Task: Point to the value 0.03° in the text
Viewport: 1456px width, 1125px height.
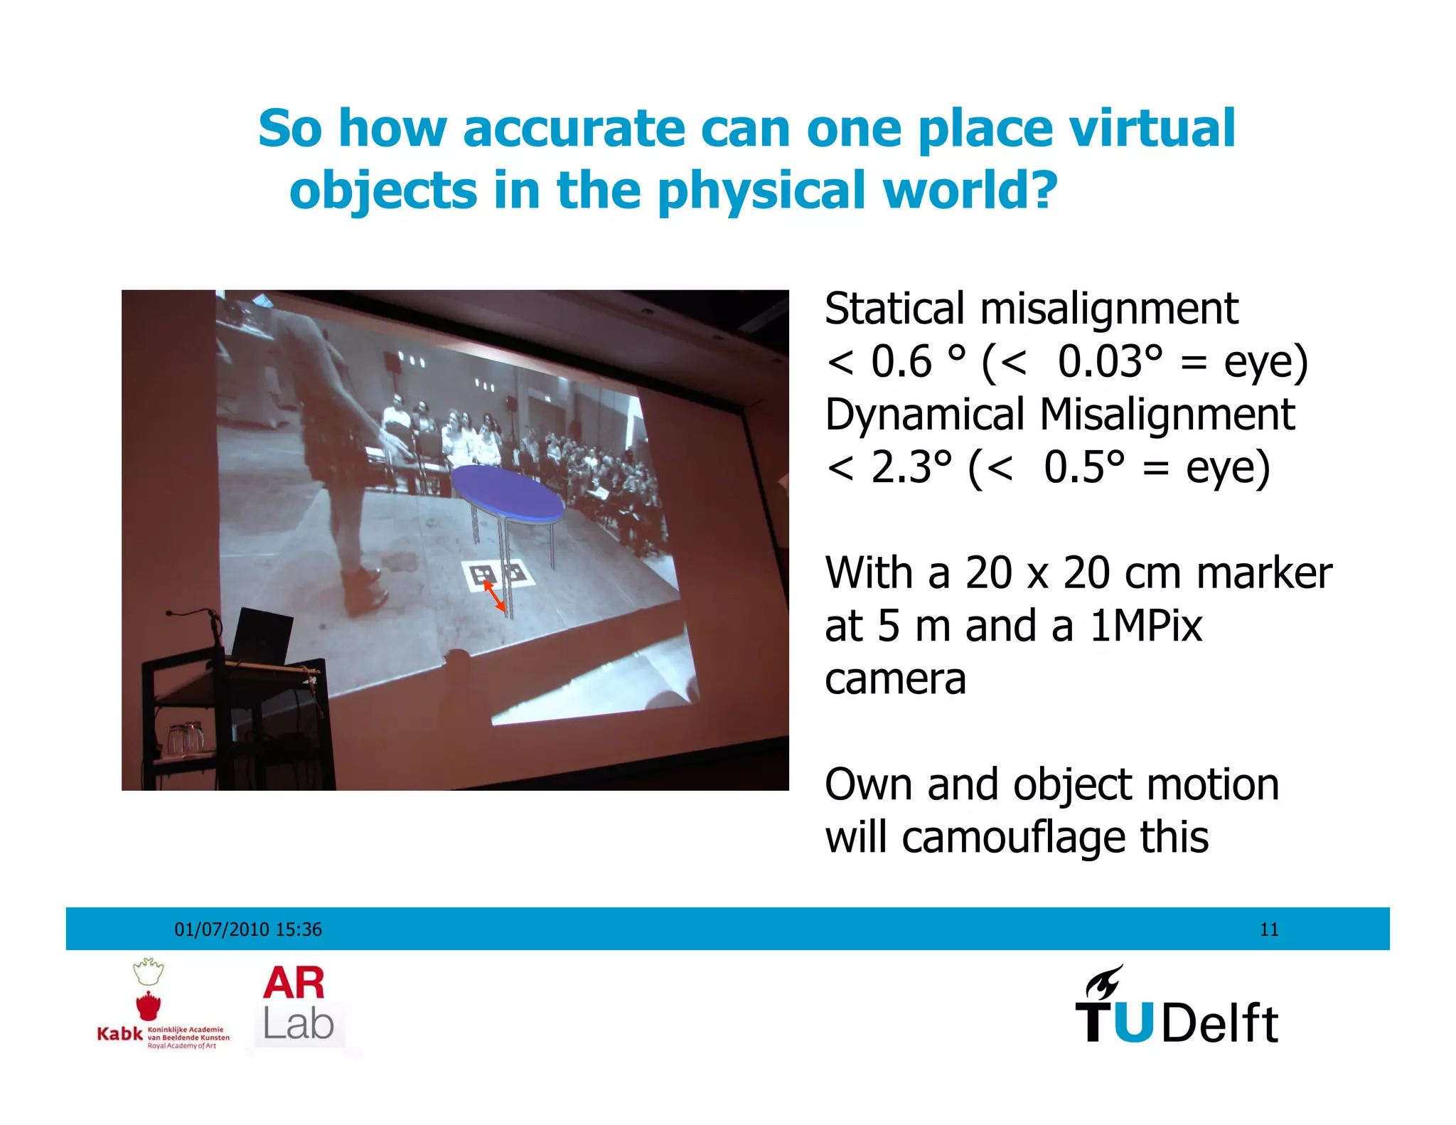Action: (1110, 362)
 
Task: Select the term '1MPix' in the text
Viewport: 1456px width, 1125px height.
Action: (1145, 627)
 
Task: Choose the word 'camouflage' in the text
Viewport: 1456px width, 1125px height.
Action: (1014, 838)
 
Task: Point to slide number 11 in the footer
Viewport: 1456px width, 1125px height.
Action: (1269, 929)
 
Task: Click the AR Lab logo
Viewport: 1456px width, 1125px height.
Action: (297, 1004)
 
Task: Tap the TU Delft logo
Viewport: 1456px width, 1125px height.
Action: (1177, 1006)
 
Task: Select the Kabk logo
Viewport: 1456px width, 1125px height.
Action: (162, 1006)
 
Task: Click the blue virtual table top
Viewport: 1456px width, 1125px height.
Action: (508, 491)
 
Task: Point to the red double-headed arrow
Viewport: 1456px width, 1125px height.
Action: (495, 596)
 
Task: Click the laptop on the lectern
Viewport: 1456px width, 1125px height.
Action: (262, 635)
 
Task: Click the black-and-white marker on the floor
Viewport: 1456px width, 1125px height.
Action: (498, 573)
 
